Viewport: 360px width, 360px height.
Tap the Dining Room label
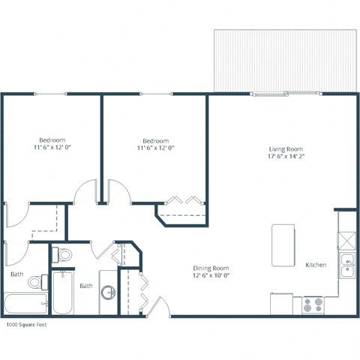[211, 268]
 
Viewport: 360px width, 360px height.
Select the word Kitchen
[315, 265]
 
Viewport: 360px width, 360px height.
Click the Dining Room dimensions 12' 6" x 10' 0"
[211, 276]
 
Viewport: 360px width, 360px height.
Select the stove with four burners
[312, 304]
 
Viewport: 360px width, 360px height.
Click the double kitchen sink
[346, 265]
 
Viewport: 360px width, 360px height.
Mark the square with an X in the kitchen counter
[346, 240]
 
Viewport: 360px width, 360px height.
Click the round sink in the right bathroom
[108, 292]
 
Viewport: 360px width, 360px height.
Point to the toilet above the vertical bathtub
[64, 255]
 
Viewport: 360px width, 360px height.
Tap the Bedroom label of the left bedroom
[52, 140]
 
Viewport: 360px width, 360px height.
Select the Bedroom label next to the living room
[155, 140]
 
